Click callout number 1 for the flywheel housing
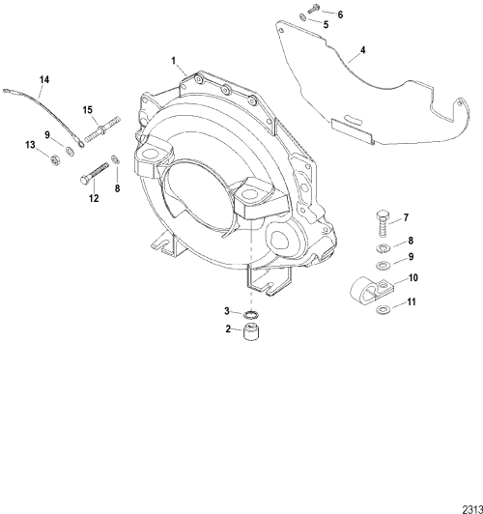pos(174,61)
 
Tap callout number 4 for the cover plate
pos(363,50)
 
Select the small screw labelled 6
pos(314,9)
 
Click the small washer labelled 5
pos(302,16)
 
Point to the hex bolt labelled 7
pos(383,223)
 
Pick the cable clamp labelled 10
pos(371,290)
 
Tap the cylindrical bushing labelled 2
pos(251,331)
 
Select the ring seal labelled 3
pos(251,315)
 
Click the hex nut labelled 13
pos(55,160)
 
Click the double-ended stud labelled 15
pos(102,129)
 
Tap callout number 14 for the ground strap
pos(44,79)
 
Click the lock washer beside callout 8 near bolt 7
pos(383,248)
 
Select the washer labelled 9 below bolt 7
pos(383,265)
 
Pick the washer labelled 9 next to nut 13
pos(70,151)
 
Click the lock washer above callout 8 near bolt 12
pos(116,159)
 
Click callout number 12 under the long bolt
pos(94,198)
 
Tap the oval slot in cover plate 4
pos(354,119)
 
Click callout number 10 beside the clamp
pos(413,277)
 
